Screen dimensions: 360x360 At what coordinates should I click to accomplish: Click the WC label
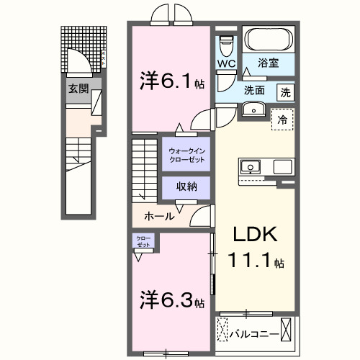click(226, 63)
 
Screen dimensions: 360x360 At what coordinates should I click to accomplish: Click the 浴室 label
click(268, 64)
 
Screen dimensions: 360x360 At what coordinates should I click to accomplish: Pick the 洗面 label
click(253, 91)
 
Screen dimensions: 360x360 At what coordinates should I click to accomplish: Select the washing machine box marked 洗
click(285, 91)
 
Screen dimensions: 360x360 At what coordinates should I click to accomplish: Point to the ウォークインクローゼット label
click(186, 154)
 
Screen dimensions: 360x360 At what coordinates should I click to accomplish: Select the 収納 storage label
click(186, 186)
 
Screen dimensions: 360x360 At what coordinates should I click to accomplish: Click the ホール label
click(158, 215)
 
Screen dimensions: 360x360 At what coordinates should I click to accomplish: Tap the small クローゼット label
click(141, 243)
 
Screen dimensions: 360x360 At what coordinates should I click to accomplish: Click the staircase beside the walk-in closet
click(144, 168)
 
